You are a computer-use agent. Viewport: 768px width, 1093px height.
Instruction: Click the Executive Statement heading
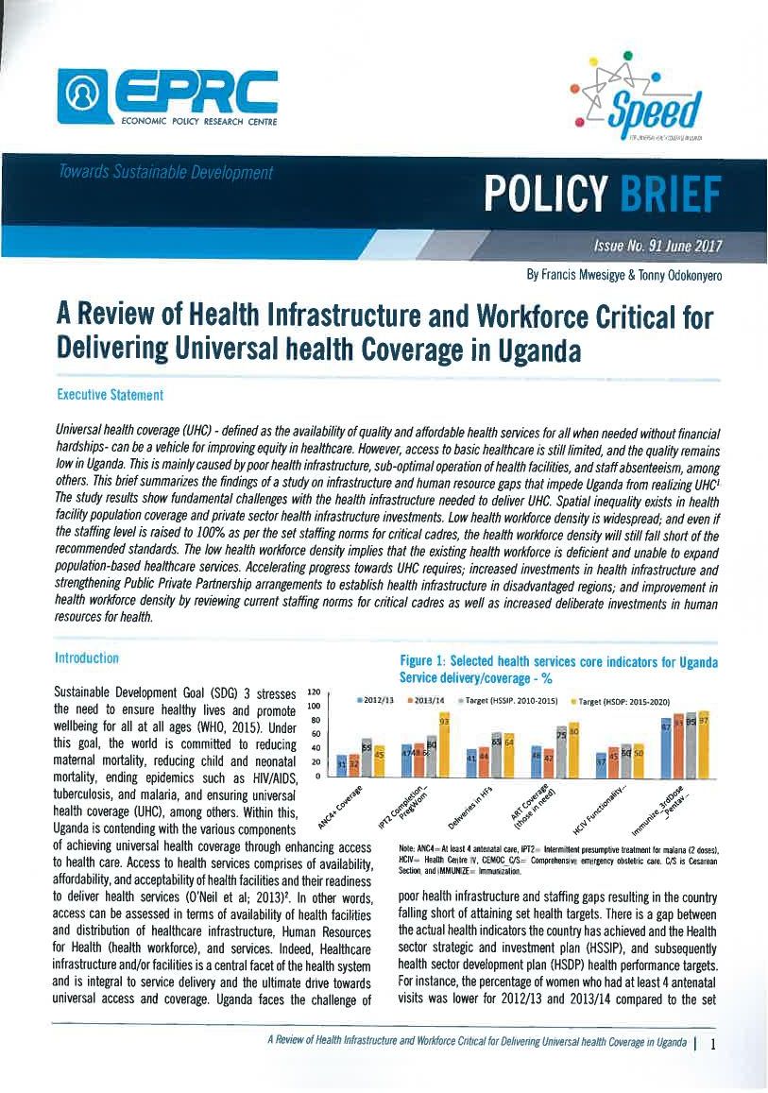pyautogui.click(x=111, y=394)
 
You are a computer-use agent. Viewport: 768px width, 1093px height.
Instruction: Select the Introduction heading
pyautogui.click(x=87, y=658)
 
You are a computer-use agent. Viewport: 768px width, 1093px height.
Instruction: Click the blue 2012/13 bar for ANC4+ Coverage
pyautogui.click(x=342, y=766)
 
